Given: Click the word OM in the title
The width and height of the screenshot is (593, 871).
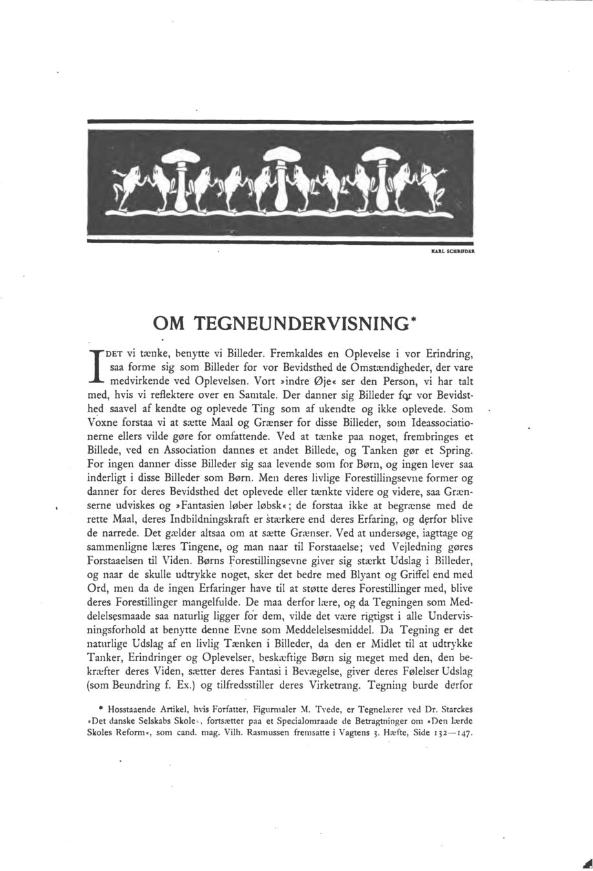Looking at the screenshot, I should (168, 324).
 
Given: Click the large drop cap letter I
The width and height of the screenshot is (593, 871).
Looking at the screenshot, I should (99, 366).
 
